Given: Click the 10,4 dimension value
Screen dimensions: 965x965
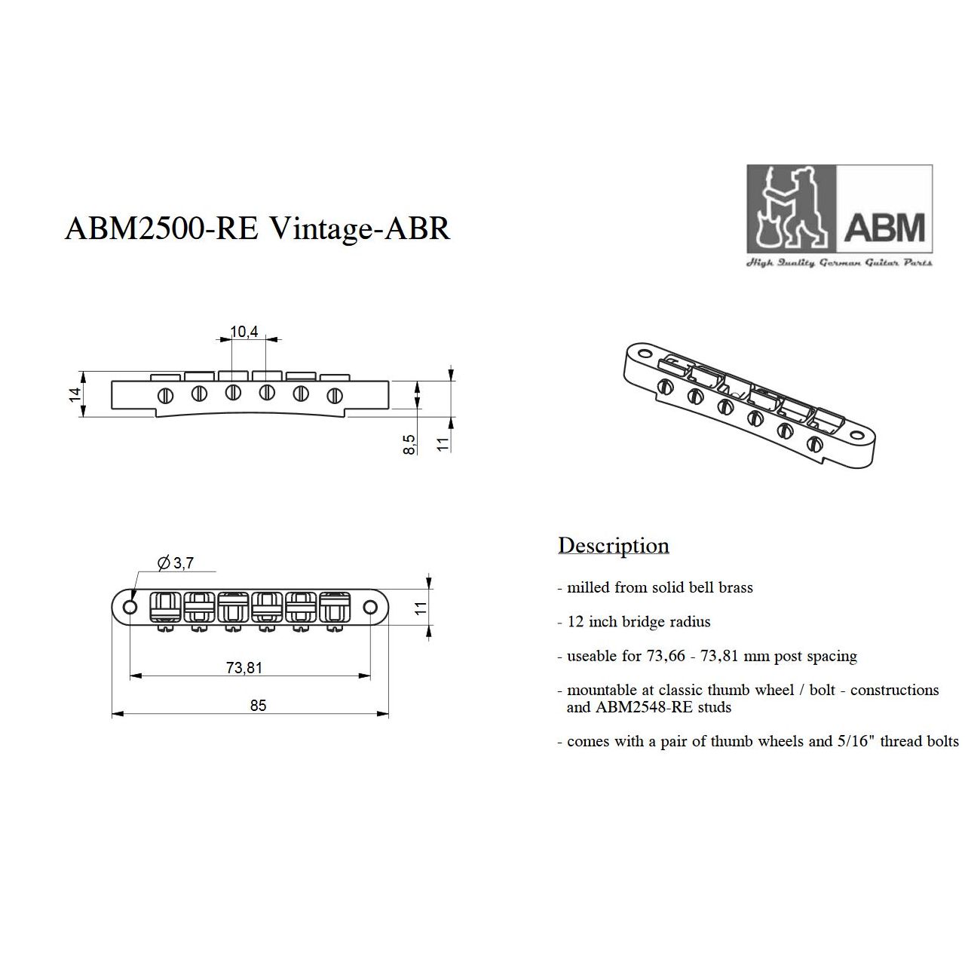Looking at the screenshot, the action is (x=244, y=332).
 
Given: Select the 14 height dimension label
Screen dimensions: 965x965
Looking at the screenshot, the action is (x=75, y=394).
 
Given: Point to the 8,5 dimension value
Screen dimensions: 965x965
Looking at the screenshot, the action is (x=409, y=444).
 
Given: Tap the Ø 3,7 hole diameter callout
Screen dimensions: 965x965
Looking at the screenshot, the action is (x=175, y=563).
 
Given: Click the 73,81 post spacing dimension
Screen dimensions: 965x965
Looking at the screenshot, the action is (x=244, y=667).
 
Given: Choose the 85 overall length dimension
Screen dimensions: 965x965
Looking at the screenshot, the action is (x=258, y=705).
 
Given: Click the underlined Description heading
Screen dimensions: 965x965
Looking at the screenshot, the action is (x=614, y=546).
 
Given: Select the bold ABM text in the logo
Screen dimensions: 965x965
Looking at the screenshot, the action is (x=884, y=228).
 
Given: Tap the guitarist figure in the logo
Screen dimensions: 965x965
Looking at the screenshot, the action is (x=792, y=208).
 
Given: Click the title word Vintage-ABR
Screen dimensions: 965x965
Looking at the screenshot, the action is (x=360, y=228).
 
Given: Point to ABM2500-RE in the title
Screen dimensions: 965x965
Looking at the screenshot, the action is (x=162, y=228).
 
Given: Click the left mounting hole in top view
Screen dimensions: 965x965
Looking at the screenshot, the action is (x=130, y=607).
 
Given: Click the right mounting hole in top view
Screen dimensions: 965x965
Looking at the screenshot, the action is (x=371, y=607).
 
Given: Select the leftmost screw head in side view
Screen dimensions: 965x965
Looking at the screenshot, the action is (x=165, y=396).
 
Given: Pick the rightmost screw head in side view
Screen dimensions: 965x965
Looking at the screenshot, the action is (x=335, y=396).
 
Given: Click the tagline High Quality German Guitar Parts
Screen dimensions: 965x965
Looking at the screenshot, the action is (x=839, y=262).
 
